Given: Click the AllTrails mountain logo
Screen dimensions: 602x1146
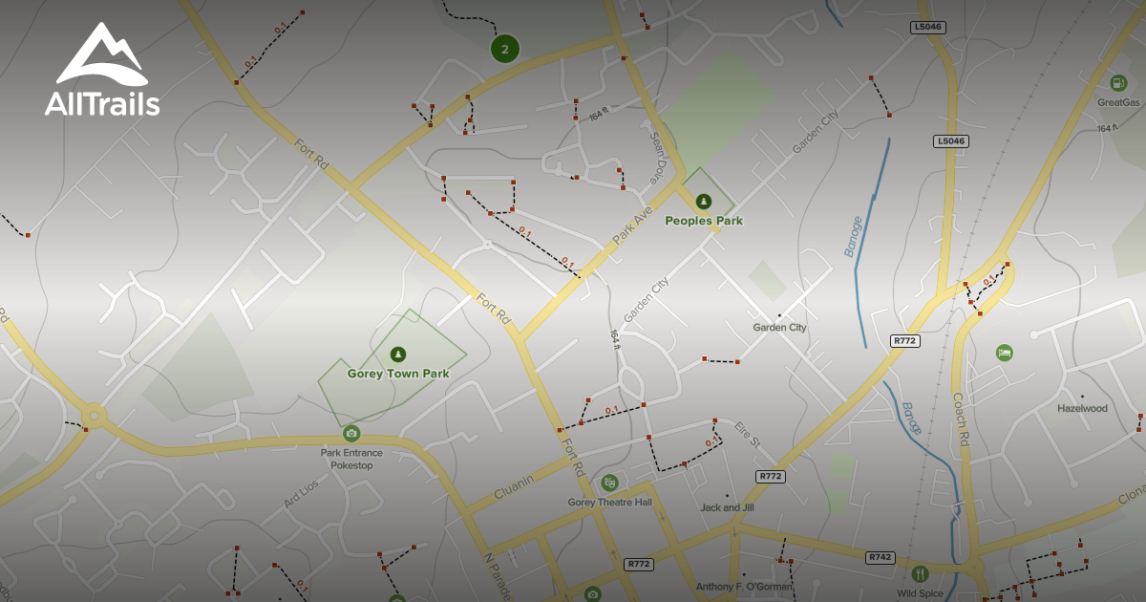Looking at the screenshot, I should coord(101,54).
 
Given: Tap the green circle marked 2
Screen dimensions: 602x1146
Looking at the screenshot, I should coord(505,48).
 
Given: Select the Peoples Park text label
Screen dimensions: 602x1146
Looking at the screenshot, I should coord(704,221).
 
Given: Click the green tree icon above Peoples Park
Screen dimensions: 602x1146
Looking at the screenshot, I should coord(704,201).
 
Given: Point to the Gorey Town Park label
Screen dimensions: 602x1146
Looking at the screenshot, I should coord(397,374).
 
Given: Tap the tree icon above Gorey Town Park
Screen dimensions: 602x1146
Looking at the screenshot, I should coord(398,354).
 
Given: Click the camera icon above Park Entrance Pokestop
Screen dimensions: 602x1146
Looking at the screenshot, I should coord(351,434).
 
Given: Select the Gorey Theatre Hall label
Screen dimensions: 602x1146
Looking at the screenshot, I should coord(609,503).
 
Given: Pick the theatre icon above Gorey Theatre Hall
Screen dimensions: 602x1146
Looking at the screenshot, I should coord(609,483).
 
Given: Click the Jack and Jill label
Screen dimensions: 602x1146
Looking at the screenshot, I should coord(727,507).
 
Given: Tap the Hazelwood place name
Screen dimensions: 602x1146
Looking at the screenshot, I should coord(1082,408).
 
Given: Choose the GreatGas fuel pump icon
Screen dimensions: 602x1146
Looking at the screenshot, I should coord(1118,82).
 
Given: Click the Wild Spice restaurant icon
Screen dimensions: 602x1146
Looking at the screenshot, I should coord(920,573).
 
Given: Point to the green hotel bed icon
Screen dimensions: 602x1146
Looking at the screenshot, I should coord(1004,353).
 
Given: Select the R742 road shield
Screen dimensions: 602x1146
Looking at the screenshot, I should coord(880,557).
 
